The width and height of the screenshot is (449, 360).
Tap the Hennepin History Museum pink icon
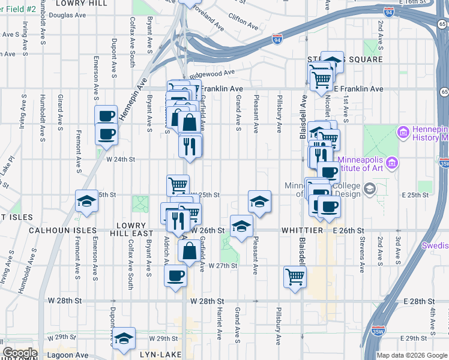[x=403, y=131]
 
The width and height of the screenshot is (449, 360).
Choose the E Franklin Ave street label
[x=358, y=89]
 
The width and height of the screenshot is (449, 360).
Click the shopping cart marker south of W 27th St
[x=295, y=277]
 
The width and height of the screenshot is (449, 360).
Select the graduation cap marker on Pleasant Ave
[x=259, y=202]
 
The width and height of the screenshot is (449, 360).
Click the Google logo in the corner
[x=20, y=352]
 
